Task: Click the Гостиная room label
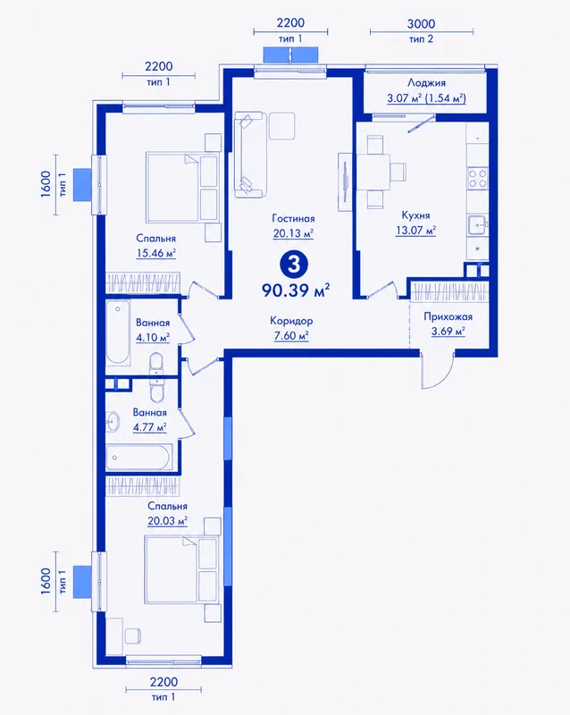[x=293, y=218]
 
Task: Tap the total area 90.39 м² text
[x=296, y=290]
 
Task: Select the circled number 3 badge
[x=294, y=264]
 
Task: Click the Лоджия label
[x=426, y=83]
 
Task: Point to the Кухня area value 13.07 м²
[x=415, y=231]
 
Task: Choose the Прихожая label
[x=448, y=317]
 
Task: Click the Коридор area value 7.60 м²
[x=291, y=336]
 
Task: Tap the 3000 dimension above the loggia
[x=421, y=24]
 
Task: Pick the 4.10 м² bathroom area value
[x=153, y=338]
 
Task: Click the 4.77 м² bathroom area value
[x=149, y=428]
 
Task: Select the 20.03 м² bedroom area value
[x=167, y=521]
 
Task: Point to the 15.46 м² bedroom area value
[x=156, y=253]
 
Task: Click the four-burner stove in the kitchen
[x=477, y=178]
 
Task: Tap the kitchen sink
[x=478, y=224]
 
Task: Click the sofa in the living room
[x=249, y=155]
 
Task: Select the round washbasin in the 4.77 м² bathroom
[x=113, y=421]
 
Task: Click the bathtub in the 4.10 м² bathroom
[x=118, y=332]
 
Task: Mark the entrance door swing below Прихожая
[x=437, y=370]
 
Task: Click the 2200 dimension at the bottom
[x=163, y=682]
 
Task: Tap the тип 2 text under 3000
[x=421, y=39]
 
